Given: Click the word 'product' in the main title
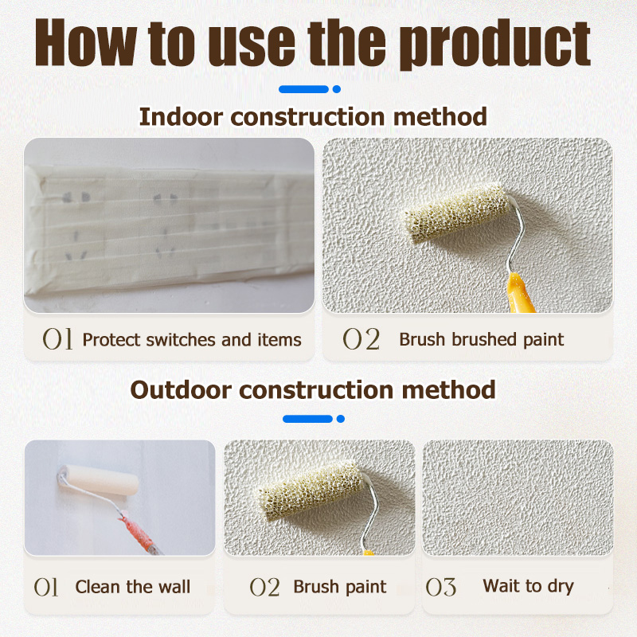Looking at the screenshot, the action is tap(498, 44).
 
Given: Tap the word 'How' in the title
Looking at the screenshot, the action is tap(86, 42).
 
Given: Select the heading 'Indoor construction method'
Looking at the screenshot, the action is tap(313, 116).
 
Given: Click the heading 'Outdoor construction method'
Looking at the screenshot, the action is tap(313, 389).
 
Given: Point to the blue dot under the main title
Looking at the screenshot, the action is tap(336, 89).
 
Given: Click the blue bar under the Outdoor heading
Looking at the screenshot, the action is tap(307, 419).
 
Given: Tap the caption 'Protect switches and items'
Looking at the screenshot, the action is tap(192, 340).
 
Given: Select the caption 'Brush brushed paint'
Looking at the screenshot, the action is tap(482, 340).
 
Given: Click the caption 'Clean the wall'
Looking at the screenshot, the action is tap(133, 587).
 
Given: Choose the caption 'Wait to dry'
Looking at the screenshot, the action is tap(528, 586).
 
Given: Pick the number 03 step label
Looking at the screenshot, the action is tap(441, 588).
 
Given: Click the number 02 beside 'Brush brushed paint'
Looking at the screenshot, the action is tap(361, 339).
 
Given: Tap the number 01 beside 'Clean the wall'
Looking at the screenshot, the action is tap(46, 587).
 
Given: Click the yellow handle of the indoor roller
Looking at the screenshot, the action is tap(519, 293).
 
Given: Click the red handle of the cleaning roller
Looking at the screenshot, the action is tap(138, 533).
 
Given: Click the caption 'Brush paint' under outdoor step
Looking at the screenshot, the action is tap(340, 587).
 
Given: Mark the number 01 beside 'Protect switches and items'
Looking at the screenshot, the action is tap(57, 339).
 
